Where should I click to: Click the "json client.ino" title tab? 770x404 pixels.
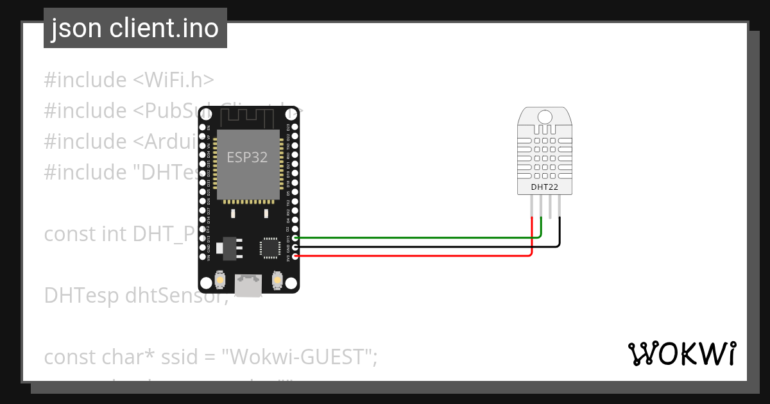135,28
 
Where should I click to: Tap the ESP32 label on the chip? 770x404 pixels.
247,156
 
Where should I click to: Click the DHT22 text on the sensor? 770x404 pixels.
544,187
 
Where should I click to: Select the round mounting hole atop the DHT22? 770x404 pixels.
544,117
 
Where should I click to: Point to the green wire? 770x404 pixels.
417,238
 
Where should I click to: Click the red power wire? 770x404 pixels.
417,256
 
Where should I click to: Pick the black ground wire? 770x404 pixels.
417,246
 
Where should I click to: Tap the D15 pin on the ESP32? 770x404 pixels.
295,238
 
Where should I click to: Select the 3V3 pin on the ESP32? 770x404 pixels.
295,256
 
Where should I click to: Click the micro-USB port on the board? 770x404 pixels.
248,285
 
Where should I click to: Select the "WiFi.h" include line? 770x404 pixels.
128,80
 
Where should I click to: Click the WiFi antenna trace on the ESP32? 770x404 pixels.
248,117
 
